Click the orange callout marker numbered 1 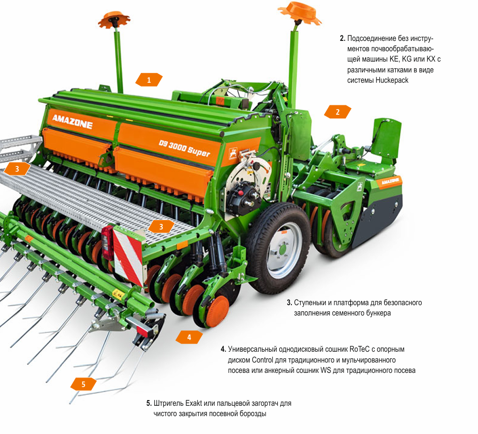click(149, 80)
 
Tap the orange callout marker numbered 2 click(337, 112)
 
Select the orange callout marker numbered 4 click(189, 337)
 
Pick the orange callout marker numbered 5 click(84, 384)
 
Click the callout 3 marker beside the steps click(17, 169)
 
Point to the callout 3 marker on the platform click(161, 227)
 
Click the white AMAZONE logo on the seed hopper click(72, 121)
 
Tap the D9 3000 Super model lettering click(184, 148)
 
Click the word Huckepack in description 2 click(392, 80)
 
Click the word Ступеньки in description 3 click(310, 303)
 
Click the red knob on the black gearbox click(241, 193)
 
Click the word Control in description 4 click(262, 360)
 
